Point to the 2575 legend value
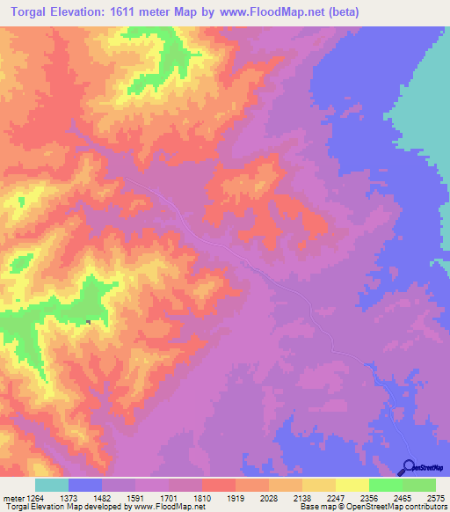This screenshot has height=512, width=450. coord(435,497)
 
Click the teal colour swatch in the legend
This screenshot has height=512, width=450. coord(52,485)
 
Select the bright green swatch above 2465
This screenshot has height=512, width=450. coord(385,485)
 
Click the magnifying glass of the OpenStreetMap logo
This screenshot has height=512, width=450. coord(407,466)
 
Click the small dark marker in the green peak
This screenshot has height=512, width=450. coord(89,321)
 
